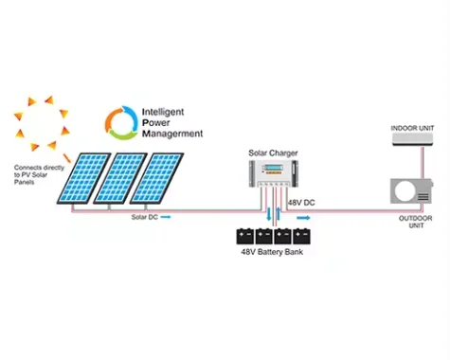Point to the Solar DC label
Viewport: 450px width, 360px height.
coord(144,217)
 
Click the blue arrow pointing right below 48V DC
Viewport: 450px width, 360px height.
coord(303,217)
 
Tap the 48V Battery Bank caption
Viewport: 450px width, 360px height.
coord(276,255)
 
